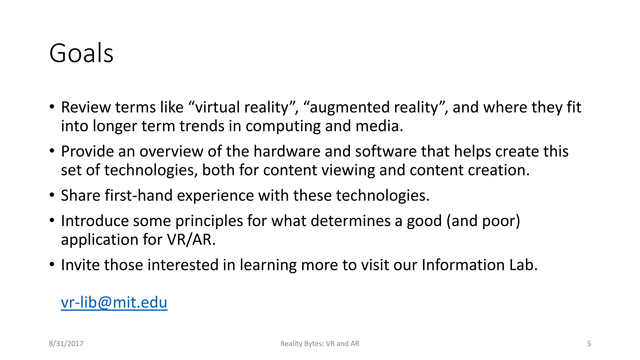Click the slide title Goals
coord(81,53)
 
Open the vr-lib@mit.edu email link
coord(114,302)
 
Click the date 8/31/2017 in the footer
coord(66,343)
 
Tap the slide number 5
coord(589,343)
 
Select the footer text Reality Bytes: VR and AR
coord(320,343)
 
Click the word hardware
coord(287,151)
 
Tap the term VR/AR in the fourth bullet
coord(191,240)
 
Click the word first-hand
coord(138,195)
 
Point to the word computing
coord(283,127)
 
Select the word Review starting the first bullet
coord(86,107)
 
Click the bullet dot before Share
coord(52,195)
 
